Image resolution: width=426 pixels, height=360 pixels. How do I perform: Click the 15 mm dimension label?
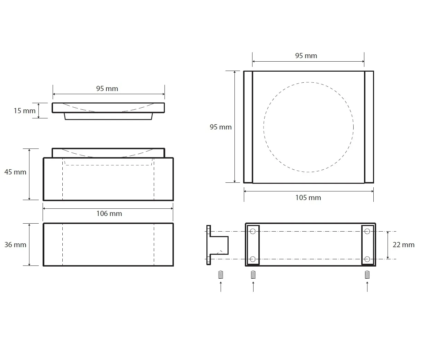pos(25,111)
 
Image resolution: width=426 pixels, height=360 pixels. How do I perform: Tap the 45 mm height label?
pos(15,172)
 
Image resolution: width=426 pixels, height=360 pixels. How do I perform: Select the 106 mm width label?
pos(109,214)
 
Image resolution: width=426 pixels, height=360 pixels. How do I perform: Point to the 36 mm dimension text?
pos(15,245)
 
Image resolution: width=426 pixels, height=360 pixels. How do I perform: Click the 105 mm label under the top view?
pos(308,198)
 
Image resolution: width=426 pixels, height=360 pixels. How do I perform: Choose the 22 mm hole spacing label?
pos(403,245)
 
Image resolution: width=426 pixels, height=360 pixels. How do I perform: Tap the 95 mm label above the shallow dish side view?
pos(107,89)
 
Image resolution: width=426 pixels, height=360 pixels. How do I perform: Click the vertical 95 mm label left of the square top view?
pos(221,127)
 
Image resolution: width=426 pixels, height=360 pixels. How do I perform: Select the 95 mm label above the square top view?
pos(306,56)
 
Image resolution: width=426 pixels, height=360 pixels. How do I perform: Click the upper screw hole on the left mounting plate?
pos(253,231)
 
